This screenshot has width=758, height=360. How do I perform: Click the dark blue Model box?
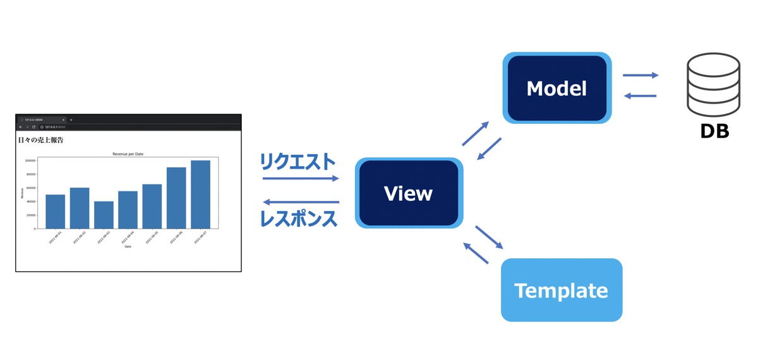coord(556,88)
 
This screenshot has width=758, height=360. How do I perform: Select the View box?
coord(409,193)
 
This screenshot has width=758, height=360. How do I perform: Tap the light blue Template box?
coord(561,291)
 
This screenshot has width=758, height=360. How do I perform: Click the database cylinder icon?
coord(713,85)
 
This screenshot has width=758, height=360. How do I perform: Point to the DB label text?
coord(714,131)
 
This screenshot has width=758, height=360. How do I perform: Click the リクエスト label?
coord(298,162)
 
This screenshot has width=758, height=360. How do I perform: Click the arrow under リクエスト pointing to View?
coord(301,179)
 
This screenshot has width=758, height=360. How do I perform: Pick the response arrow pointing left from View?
coord(301,202)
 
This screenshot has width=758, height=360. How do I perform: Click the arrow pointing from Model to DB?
coord(640,75)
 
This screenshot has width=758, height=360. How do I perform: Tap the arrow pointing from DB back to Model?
coord(640,96)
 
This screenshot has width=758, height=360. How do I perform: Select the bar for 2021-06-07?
coord(200,194)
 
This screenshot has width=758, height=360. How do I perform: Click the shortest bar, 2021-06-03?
coord(104,215)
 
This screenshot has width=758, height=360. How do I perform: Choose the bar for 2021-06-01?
coord(55,211)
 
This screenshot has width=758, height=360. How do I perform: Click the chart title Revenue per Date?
coord(128,154)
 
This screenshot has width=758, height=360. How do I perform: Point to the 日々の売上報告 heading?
coord(40,140)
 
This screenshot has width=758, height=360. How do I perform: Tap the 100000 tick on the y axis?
coord(30,160)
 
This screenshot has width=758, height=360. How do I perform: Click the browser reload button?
coord(33,127)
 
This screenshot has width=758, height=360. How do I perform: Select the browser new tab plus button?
coord(71,119)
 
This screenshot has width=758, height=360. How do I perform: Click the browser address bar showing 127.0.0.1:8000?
coord(55,127)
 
